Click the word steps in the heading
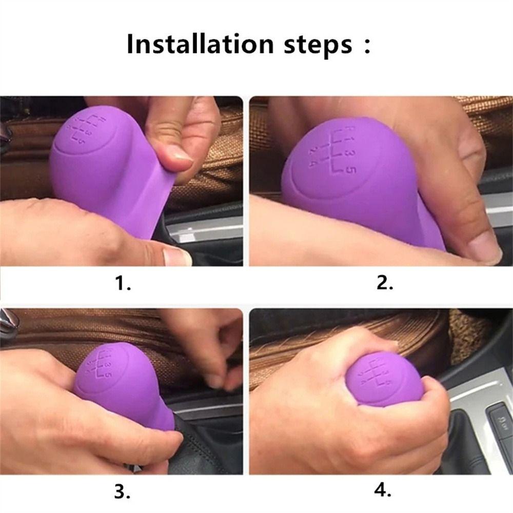point(318,45)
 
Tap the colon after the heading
point(367,46)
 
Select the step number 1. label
point(123,283)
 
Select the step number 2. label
point(385,283)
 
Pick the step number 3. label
point(123,491)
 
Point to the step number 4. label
point(383,490)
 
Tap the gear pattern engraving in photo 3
point(100,365)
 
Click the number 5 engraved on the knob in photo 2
point(351,169)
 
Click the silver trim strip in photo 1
point(207,230)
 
